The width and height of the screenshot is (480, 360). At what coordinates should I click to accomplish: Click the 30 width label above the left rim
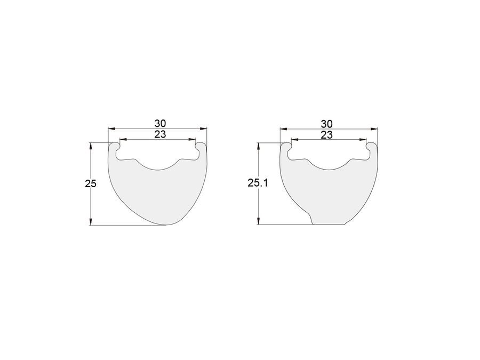tap(160, 123)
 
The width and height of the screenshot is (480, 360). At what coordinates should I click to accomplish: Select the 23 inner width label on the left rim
tap(160, 134)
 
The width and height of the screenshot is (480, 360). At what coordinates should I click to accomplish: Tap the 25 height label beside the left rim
tap(91, 183)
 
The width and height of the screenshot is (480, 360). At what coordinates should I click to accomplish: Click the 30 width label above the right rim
tap(326, 124)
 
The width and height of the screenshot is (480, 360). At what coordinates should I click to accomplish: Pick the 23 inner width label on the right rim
tap(326, 135)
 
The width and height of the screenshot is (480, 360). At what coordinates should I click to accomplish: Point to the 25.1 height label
tap(258, 183)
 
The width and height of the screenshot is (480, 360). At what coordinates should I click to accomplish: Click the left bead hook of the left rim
tap(115, 148)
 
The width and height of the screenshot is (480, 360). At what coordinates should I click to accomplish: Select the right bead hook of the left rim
tap(201, 148)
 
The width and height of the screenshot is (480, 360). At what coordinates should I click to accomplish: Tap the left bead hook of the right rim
tap(286, 148)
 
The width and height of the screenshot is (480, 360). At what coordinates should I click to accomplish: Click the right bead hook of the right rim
tap(372, 148)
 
